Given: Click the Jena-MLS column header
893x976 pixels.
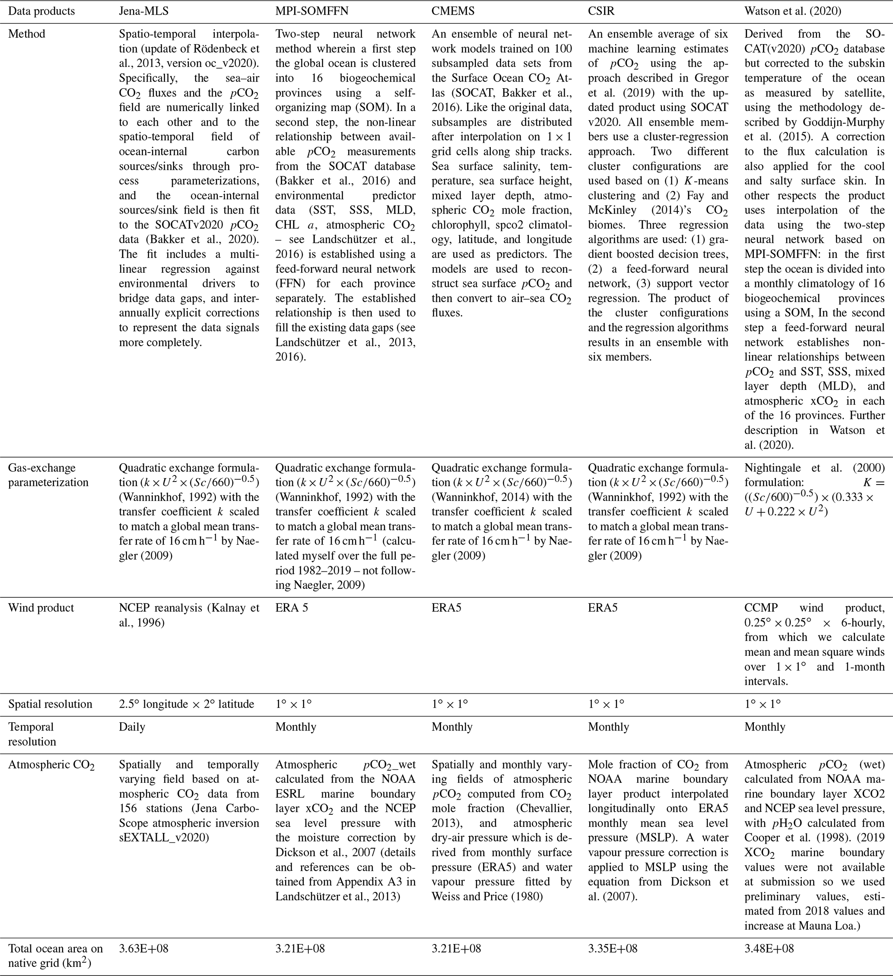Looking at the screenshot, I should point(144,11).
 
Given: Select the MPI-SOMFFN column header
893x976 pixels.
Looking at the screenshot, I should point(311,11).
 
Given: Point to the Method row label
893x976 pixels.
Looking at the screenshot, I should point(27,34).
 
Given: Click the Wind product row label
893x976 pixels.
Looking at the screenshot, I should point(41,608).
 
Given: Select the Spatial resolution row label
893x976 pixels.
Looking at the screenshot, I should point(50,704).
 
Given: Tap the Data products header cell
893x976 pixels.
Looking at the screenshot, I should point(41,11).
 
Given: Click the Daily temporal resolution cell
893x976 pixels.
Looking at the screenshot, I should point(132,727).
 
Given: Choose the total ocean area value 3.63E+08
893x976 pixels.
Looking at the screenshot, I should point(144,948).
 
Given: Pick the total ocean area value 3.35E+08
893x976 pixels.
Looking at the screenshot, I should point(613,948).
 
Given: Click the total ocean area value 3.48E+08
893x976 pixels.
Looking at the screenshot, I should point(769,948).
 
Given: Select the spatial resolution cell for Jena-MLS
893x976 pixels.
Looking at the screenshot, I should point(186,704).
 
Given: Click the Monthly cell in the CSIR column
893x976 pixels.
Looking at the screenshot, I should point(608,727).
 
